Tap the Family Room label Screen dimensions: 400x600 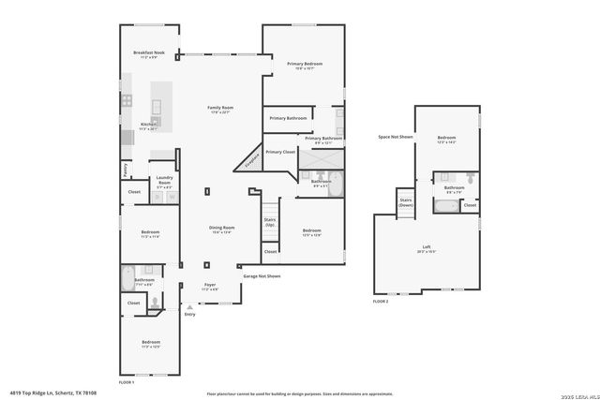click(220, 109)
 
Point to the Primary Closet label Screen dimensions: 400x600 click(280, 152)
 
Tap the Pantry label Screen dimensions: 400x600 click(125, 170)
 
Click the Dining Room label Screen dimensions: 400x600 click(221, 228)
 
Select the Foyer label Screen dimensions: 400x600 click(210, 284)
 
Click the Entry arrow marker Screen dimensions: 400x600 click(190, 307)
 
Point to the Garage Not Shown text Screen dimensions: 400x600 click(262, 276)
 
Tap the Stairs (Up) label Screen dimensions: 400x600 click(270, 222)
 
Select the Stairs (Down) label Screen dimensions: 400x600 click(405, 201)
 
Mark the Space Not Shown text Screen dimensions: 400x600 click(395, 137)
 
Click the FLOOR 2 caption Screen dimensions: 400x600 click(381, 302)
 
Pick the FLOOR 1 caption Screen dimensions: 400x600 click(127, 382)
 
